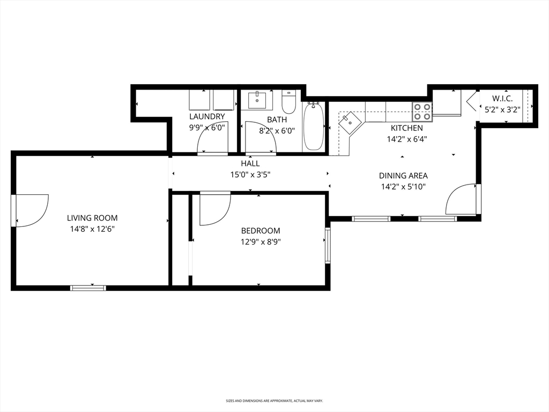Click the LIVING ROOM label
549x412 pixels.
tap(92, 218)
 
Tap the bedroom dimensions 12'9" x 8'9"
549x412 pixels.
tap(261, 242)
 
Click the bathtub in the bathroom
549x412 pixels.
tap(314, 127)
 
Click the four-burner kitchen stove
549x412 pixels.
tap(422, 111)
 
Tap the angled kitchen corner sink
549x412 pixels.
tap(350, 122)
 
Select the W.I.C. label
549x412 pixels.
tap(502, 99)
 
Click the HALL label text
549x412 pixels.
tap(250, 163)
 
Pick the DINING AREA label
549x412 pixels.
tap(403, 175)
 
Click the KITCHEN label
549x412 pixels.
tap(406, 128)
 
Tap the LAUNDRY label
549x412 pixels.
tap(207, 116)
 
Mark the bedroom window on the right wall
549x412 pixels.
tap(328, 245)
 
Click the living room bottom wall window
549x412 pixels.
tap(88, 288)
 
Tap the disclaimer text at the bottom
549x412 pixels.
tap(274, 400)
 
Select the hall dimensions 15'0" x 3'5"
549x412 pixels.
tap(250, 174)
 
